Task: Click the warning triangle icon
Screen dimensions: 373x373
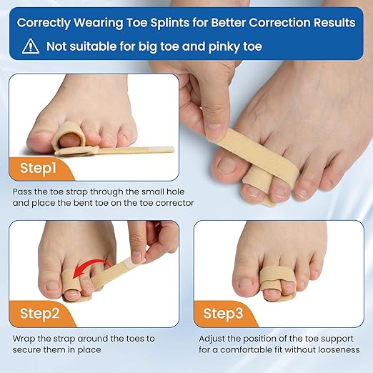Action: tap(30, 47)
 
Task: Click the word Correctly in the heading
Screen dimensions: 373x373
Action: tap(50, 23)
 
